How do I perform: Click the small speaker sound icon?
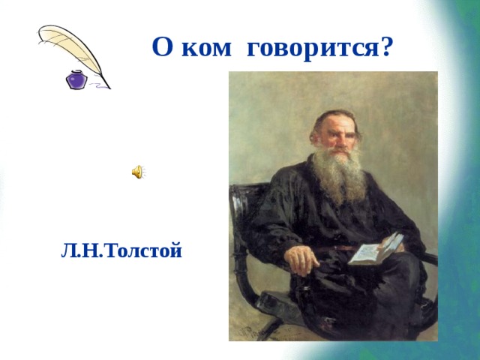point(139,172)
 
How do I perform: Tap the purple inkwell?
point(76,79)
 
